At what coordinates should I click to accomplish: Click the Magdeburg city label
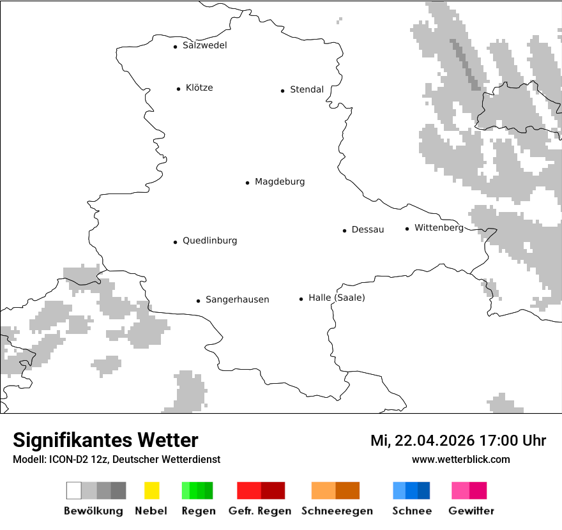click(x=280, y=182)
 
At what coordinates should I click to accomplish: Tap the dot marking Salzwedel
click(x=175, y=47)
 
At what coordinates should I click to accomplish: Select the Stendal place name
click(x=307, y=90)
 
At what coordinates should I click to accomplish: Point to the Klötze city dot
click(x=178, y=89)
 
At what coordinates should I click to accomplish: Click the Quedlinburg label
click(x=209, y=241)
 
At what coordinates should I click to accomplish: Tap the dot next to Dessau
click(x=344, y=231)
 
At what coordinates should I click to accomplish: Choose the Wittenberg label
click(x=439, y=228)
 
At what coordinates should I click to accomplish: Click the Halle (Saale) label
click(x=337, y=298)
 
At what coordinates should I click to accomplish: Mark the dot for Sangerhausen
click(x=198, y=301)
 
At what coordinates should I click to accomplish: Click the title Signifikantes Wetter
click(x=105, y=441)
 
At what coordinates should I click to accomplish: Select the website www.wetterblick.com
click(x=460, y=460)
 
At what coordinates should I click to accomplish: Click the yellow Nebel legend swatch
click(x=151, y=490)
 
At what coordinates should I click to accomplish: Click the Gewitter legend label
click(x=471, y=511)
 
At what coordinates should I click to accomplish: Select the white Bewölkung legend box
click(x=74, y=490)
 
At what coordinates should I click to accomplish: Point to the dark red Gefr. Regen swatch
click(x=273, y=490)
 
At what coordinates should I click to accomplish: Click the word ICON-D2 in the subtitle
click(x=66, y=460)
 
